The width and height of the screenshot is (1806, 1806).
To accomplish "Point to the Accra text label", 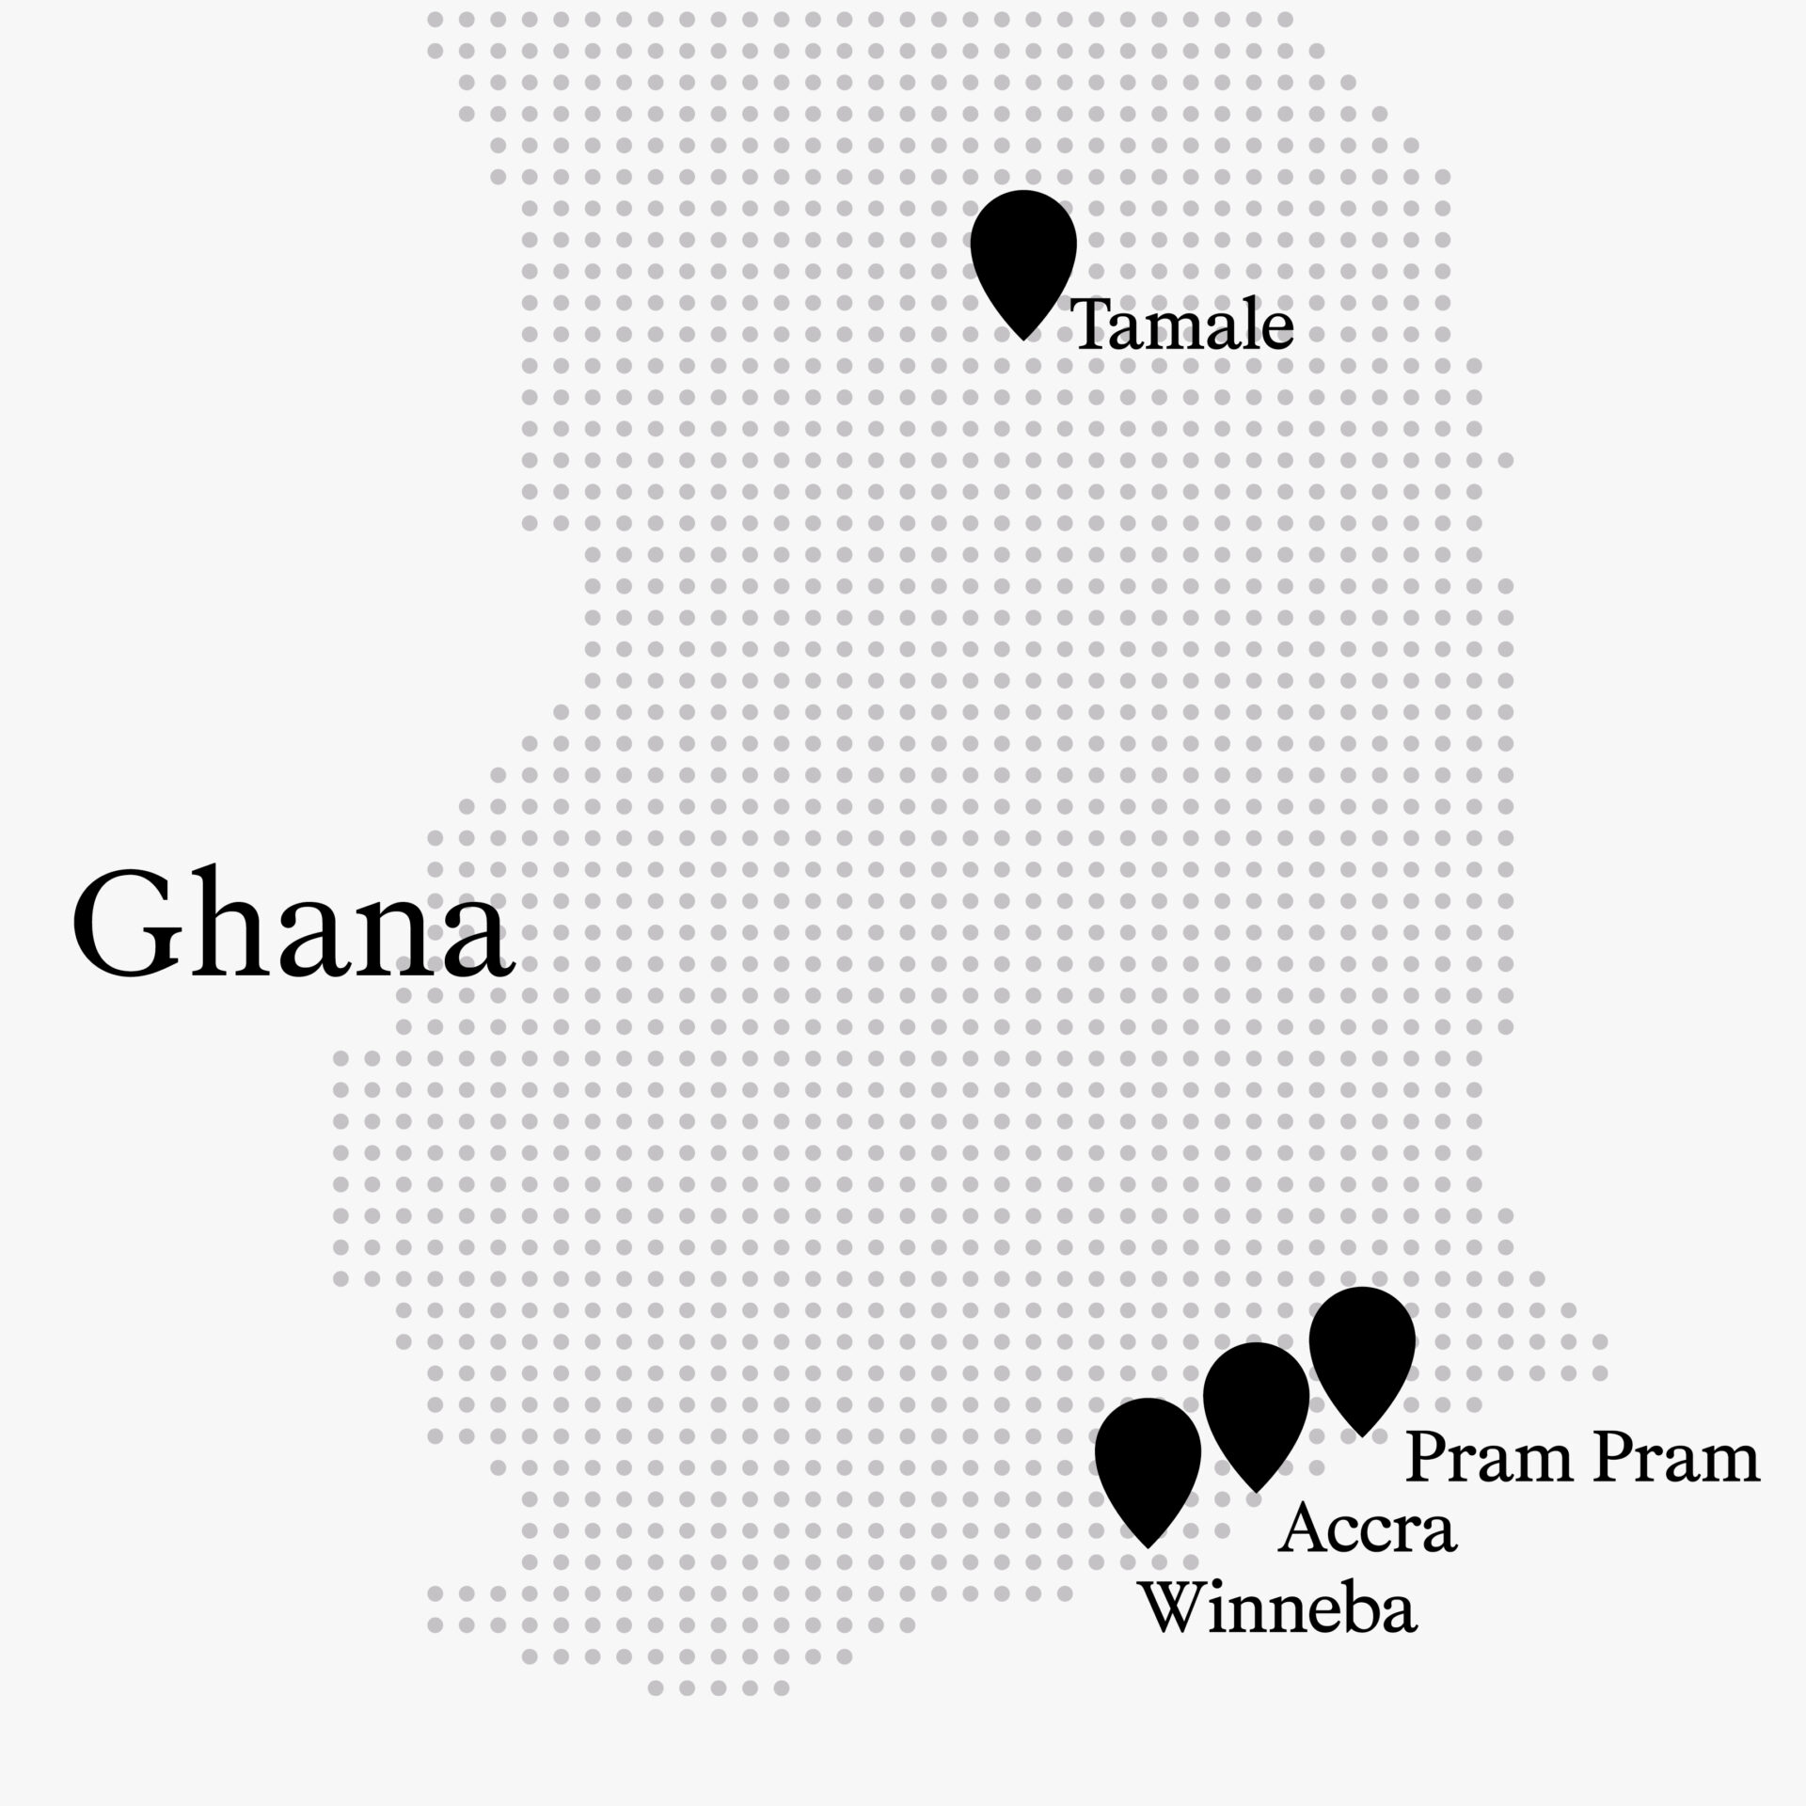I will pos(1368,1529).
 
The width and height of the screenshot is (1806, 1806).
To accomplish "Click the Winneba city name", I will pos(1278,1608).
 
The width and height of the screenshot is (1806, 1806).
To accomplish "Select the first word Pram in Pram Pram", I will pos(1488,1460).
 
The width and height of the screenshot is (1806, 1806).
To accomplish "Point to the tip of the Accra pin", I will pos(1256,1491).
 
